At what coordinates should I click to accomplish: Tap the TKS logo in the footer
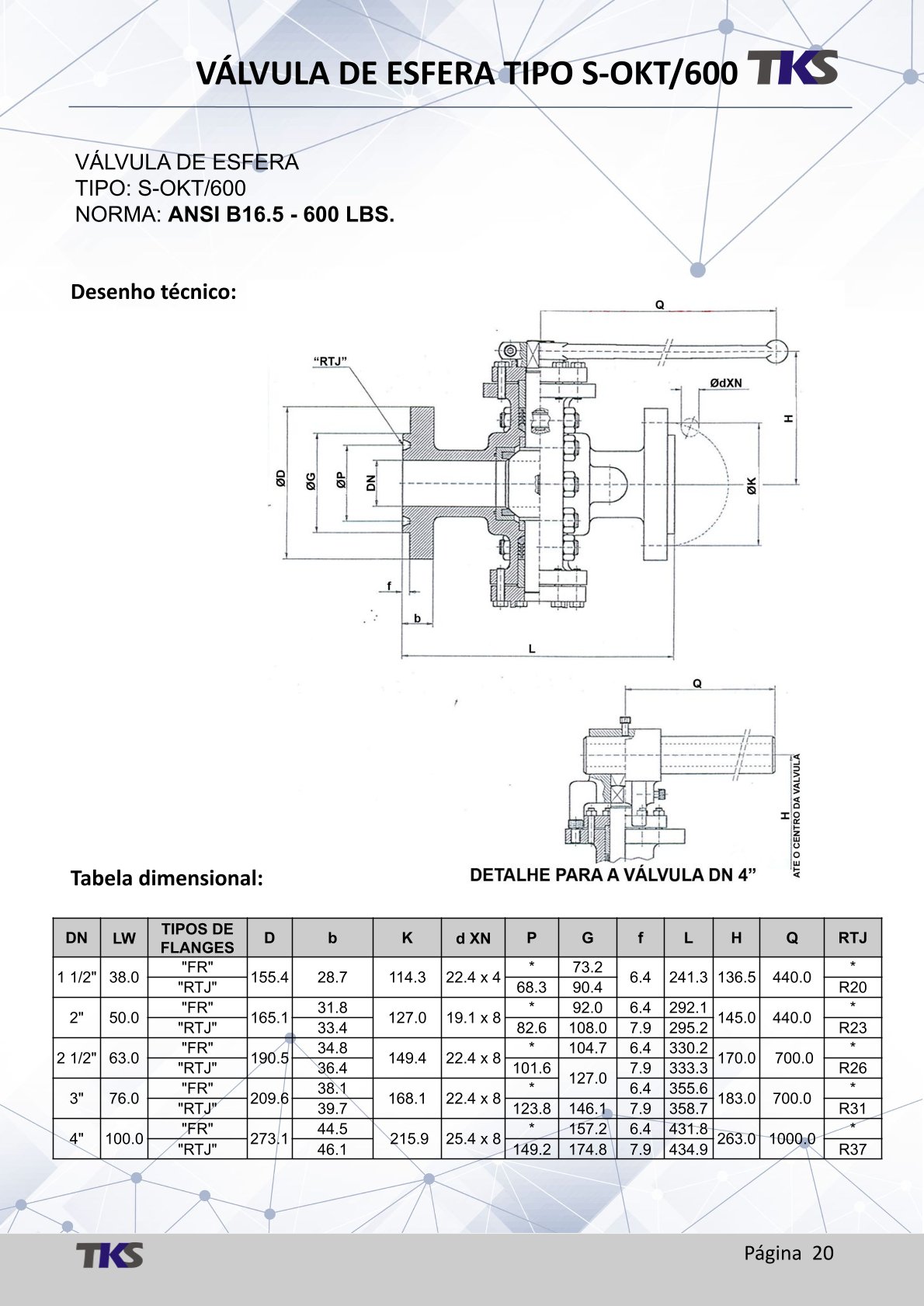tap(109, 1255)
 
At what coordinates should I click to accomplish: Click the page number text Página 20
tap(788, 1252)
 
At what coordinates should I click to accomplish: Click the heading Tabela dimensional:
tap(167, 878)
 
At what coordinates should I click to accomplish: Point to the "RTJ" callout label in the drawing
tap(330, 361)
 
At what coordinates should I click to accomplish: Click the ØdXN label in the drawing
tap(725, 383)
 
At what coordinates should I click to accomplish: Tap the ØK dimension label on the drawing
tap(752, 486)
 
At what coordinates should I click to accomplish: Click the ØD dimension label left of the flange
tap(280, 479)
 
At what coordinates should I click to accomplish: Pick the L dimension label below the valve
tap(532, 648)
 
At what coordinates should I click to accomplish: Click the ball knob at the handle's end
tap(778, 350)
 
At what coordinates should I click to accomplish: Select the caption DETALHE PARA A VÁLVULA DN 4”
tap(613, 875)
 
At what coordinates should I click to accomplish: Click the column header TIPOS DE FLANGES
tap(197, 938)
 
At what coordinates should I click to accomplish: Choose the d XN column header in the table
tap(473, 938)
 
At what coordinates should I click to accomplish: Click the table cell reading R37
tap(852, 1149)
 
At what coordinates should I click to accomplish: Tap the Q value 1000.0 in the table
tap(792, 1138)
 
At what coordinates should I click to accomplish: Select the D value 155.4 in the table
tap(269, 977)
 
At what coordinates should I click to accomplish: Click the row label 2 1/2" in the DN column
tap(77, 1058)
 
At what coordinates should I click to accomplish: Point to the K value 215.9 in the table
tap(407, 1138)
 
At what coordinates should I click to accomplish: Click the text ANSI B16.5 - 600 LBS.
tap(281, 214)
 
